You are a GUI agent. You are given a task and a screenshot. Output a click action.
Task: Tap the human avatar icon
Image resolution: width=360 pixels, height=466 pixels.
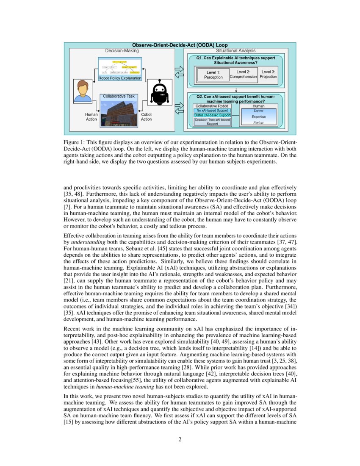click(83, 92)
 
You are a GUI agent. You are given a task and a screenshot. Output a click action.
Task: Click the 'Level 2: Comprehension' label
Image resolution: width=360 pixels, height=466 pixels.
click(243, 75)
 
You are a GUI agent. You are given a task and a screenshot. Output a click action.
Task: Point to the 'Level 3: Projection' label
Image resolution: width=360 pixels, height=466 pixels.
click(268, 74)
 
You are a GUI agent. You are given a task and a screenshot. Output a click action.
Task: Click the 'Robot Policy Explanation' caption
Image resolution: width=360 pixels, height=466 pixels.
click(120, 78)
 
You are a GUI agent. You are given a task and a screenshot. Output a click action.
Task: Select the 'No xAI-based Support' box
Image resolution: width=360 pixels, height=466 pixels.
click(212, 111)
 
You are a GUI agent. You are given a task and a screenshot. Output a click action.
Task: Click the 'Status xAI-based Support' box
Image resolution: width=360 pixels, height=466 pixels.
click(212, 115)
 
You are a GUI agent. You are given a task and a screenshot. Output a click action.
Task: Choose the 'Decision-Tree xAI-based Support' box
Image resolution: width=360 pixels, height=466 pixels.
click(212, 122)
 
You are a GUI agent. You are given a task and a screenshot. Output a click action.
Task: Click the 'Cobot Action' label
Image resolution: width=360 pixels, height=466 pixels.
click(146, 117)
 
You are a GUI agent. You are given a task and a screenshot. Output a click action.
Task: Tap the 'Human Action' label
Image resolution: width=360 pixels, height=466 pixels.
click(91, 117)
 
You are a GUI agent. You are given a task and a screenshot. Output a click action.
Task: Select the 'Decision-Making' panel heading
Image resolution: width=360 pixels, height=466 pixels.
click(122, 51)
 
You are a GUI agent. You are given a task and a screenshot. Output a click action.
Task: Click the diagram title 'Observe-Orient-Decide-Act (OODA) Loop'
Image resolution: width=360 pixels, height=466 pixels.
click(180, 45)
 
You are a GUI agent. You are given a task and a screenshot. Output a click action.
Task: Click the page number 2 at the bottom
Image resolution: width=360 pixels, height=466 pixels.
click(180, 439)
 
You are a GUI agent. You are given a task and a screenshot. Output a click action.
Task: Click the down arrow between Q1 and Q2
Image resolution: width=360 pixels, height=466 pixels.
click(235, 89)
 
